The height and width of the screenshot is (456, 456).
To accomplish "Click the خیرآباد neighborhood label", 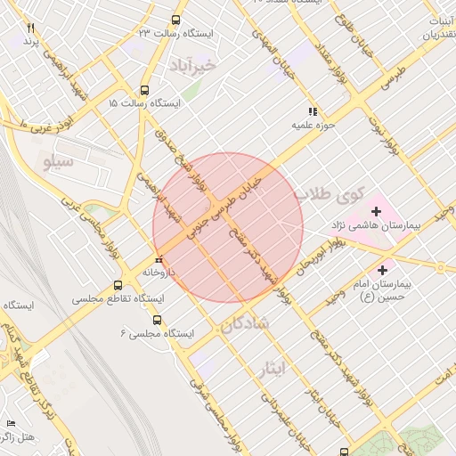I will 191,65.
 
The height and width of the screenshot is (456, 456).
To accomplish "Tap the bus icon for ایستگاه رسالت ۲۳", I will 175,19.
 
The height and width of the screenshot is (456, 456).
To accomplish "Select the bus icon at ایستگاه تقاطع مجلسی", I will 118,285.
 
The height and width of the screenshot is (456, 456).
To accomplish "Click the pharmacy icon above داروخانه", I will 159,260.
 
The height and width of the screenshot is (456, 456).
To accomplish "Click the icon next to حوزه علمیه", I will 312,112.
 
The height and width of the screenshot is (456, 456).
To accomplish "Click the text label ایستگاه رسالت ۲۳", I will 189,33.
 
